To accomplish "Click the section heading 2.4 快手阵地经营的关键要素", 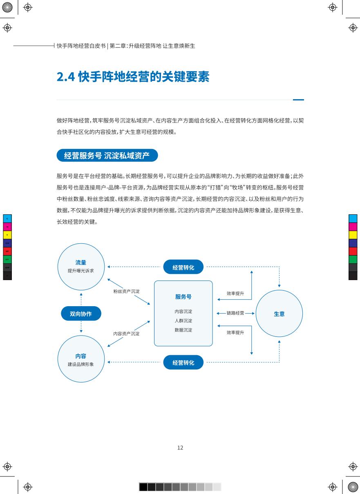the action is point(133,77).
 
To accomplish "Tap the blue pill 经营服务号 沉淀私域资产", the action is point(107,155).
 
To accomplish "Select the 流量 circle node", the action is point(81,267).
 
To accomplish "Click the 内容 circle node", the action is point(81,359).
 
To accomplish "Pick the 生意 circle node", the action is point(279,314).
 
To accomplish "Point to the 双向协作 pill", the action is point(81,314).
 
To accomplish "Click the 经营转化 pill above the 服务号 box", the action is point(183,267).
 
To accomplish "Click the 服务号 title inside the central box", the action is point(183,297).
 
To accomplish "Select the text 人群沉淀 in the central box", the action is point(183,320).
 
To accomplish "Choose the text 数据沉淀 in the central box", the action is point(183,330).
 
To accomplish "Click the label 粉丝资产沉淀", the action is point(126,292).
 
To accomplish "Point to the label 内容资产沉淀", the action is point(126,334).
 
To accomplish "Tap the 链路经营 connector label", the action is point(235,313).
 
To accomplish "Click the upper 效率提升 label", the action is point(235,293).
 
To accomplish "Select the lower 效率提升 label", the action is point(235,332).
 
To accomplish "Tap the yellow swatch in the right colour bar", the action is point(353,235).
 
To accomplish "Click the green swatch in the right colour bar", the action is point(353,259).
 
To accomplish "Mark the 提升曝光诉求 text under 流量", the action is point(81,271).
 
